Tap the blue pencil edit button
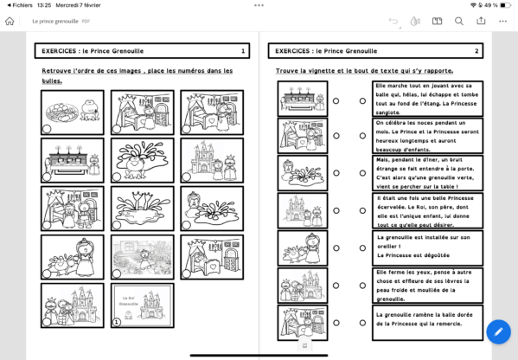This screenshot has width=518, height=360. tap(497, 331)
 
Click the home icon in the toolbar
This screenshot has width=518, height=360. tap(10, 21)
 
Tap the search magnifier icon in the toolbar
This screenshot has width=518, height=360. tap(459, 21)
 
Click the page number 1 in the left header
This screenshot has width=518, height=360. tap(243, 51)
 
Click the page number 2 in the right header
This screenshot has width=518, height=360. tap(476, 51)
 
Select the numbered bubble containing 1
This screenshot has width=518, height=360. tap(116, 322)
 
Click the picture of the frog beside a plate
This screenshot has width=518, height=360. tap(72, 112)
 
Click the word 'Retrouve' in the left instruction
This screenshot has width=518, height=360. tap(59, 69)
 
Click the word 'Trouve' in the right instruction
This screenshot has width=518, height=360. tap(288, 69)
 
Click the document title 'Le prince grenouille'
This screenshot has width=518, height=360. tap(55, 21)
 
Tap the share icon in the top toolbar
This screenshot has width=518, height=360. tap(481, 21)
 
